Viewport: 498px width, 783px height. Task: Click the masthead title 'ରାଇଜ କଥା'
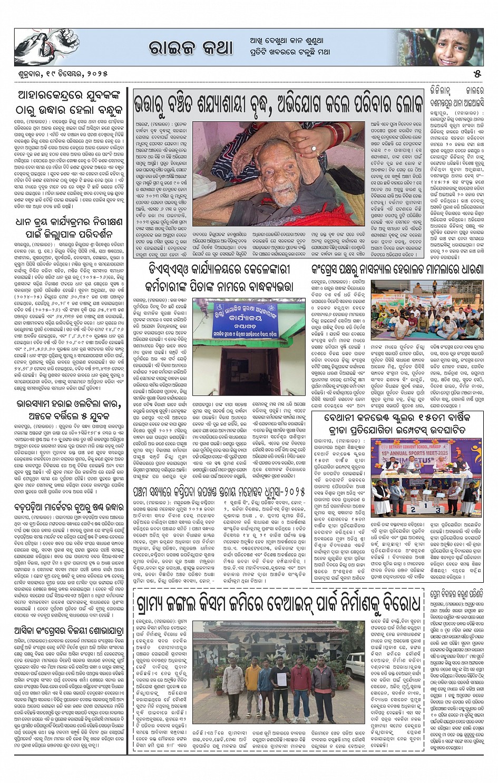pyautogui.click(x=190, y=48)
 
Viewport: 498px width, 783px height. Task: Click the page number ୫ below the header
pyautogui.click(x=477, y=73)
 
